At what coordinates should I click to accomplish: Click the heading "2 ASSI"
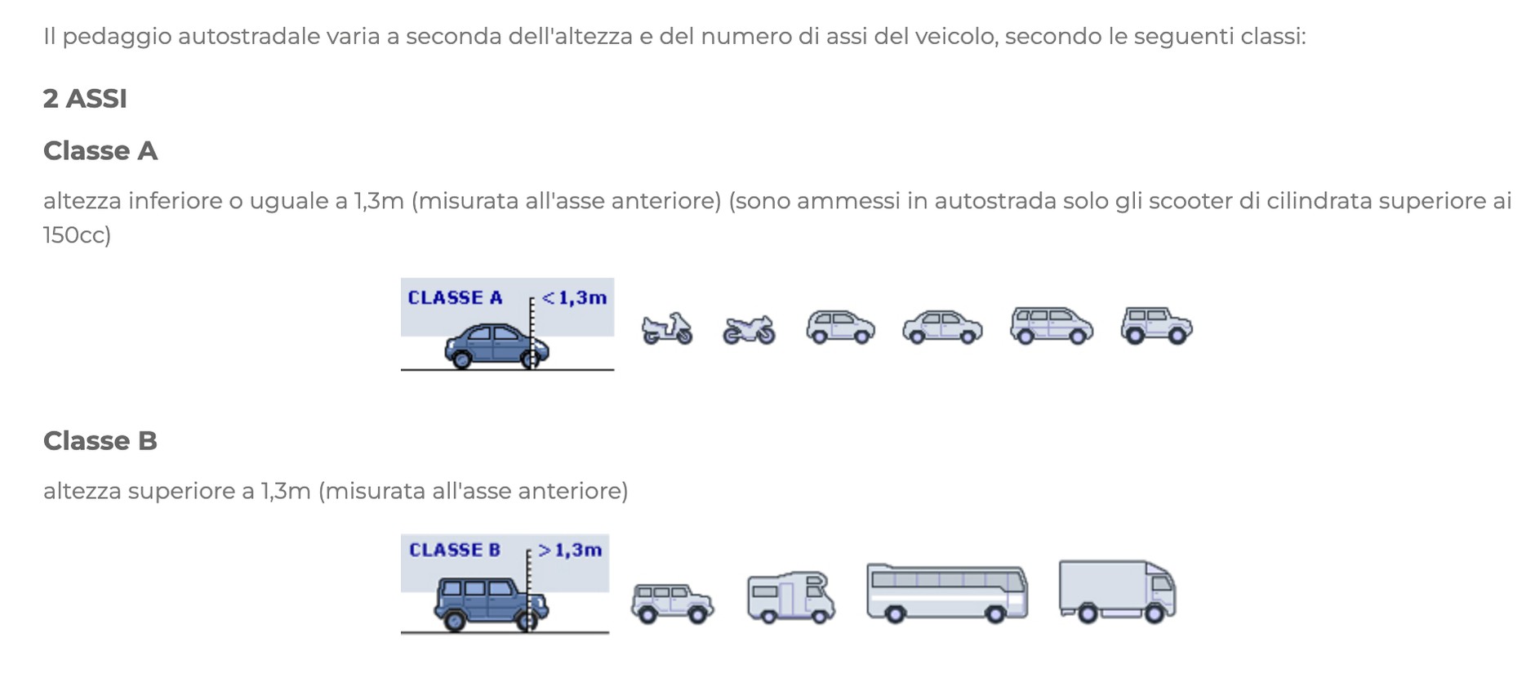pos(85,99)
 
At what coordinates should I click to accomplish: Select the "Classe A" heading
pos(100,151)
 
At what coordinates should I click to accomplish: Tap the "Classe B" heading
pos(100,441)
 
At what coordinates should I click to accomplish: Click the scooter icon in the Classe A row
pos(667,328)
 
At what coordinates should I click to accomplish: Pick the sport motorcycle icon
pos(749,330)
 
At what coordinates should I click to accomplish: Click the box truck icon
pos(1117,591)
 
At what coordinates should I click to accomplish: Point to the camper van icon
pos(791,597)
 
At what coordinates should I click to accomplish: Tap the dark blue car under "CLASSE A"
pos(496,346)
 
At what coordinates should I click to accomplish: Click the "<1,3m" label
pos(575,298)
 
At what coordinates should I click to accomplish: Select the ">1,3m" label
pos(570,551)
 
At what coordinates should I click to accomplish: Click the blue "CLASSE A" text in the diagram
pos(455,298)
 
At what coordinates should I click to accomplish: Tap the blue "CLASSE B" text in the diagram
pos(455,551)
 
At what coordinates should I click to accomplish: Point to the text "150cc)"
pos(77,235)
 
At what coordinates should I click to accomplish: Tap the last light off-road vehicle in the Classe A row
pos(1156,325)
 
